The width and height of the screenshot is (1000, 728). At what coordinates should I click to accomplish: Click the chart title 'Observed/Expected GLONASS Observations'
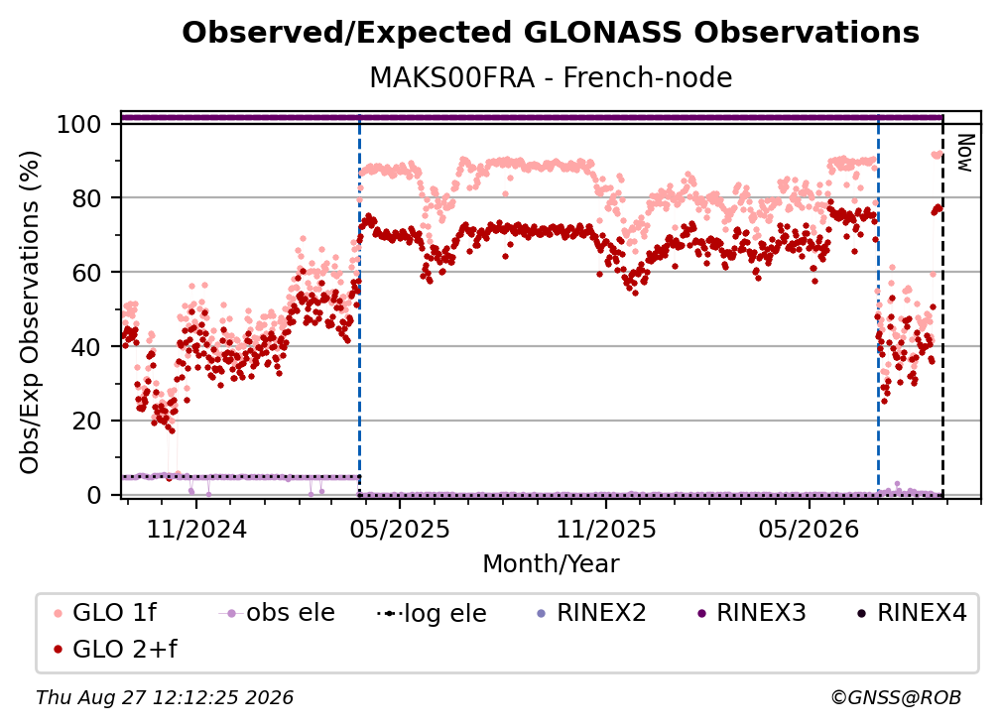(551, 33)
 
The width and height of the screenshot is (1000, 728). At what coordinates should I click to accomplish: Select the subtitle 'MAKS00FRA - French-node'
(551, 77)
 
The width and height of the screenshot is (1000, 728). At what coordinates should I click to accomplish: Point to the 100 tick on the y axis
(78, 124)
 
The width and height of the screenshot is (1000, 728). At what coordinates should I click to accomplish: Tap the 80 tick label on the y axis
(86, 198)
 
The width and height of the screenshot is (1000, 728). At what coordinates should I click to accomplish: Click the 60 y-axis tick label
(86, 272)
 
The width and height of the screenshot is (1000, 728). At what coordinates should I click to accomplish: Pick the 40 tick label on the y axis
(86, 347)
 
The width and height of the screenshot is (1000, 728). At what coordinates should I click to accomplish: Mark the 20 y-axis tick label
(86, 421)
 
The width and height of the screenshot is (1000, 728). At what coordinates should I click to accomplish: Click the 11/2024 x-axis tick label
(196, 529)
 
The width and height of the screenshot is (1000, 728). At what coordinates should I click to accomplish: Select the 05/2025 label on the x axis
(400, 529)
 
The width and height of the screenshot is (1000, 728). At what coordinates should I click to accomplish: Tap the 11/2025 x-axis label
(606, 529)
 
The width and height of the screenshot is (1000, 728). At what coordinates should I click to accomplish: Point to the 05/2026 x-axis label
(810, 529)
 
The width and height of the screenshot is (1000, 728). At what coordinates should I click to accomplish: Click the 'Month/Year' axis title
(551, 564)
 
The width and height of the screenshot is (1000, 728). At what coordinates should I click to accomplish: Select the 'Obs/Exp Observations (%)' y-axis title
(30, 312)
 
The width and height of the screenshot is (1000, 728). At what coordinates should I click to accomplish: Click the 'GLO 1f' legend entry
(106, 613)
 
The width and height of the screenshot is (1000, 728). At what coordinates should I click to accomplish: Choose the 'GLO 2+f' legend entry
(115, 649)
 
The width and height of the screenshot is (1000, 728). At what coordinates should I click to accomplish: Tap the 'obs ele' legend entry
(277, 613)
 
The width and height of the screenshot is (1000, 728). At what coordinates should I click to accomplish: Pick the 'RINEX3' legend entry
(752, 613)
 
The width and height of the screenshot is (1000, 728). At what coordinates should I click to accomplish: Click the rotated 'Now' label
(965, 153)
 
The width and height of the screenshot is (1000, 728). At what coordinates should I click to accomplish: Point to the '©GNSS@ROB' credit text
(896, 698)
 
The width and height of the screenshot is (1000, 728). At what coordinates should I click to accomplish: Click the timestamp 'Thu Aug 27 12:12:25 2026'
(165, 698)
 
